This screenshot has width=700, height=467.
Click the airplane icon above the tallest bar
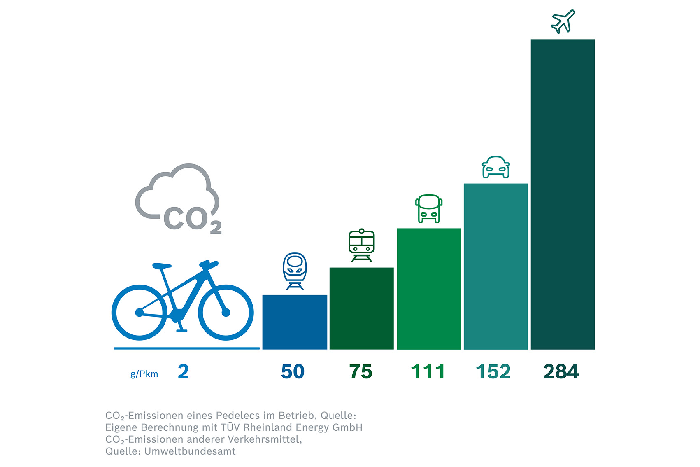[563, 21]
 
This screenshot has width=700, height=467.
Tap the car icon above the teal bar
[495, 167]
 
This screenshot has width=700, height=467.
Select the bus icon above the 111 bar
[428, 208]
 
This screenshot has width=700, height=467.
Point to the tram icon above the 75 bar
[361, 245]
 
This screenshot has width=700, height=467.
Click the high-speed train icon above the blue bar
[295, 271]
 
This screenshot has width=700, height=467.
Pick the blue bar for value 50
[295, 322]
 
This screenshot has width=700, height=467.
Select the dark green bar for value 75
[361, 308]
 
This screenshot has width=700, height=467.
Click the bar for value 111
[428, 289]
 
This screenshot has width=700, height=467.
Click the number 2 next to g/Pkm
[183, 371]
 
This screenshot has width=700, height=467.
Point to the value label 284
[561, 371]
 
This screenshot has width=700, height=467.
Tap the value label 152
[493, 371]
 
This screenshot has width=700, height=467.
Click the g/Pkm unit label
[144, 374]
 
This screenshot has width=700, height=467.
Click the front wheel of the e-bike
[226, 313]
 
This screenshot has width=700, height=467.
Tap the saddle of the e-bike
[161, 266]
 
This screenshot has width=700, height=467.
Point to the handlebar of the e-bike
[209, 264]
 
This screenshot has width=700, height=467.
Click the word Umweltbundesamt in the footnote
[190, 451]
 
